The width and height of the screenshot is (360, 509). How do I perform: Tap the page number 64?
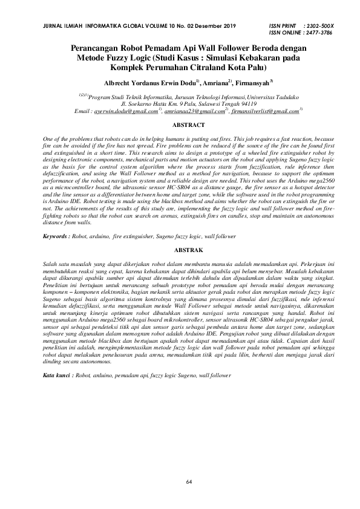189,481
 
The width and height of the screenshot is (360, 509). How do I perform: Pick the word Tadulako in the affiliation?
283,96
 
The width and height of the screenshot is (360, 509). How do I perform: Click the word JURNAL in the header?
50,27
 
